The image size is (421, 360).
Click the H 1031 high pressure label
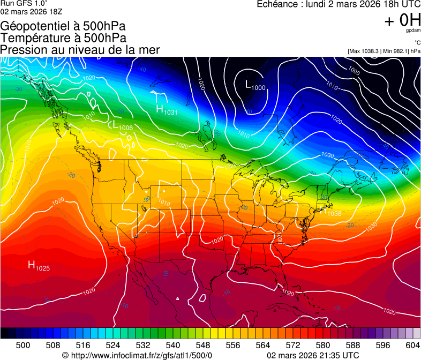click(166, 110)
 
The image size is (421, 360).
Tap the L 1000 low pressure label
click(255, 85)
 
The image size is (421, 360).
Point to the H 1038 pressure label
click(331, 212)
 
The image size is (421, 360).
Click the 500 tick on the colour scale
click(23, 344)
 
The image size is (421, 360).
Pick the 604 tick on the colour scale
click(413, 344)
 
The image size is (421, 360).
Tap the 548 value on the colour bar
click(203, 344)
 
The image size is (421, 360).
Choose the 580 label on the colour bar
click(323, 344)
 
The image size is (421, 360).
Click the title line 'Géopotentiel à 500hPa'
click(63, 26)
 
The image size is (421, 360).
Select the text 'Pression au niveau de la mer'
click(80, 50)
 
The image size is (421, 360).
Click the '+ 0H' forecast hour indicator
click(402, 20)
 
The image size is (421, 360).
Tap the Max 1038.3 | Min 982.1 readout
click(384, 51)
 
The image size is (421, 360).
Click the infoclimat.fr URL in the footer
click(137, 355)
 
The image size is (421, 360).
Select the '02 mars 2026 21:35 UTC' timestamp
click(313, 355)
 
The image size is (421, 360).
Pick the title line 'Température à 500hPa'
click(63, 38)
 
